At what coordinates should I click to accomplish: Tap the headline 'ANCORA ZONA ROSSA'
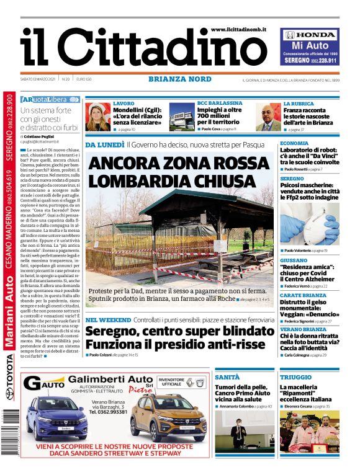click(x=169, y=164)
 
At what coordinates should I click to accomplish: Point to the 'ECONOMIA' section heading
click(x=294, y=143)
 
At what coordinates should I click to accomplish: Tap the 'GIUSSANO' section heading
click(x=294, y=260)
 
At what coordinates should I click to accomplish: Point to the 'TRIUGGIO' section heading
click(x=295, y=377)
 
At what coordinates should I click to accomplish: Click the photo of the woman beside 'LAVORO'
click(x=97, y=117)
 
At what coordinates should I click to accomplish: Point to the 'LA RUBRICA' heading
click(x=299, y=104)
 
